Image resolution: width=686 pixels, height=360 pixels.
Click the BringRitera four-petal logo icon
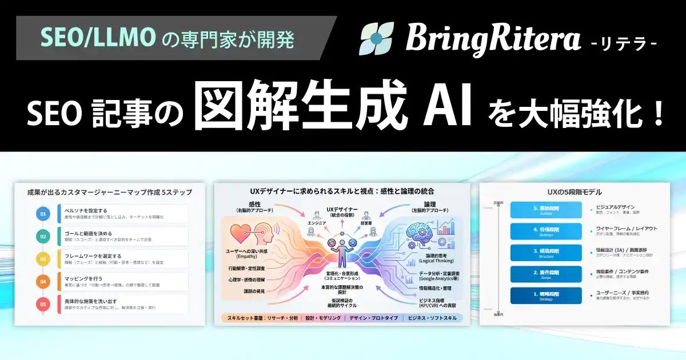coord(377,38)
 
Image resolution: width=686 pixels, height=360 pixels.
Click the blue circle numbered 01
coord(42,214)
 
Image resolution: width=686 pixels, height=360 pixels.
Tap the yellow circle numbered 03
coord(42,259)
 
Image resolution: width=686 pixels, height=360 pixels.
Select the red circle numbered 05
coord(42,303)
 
